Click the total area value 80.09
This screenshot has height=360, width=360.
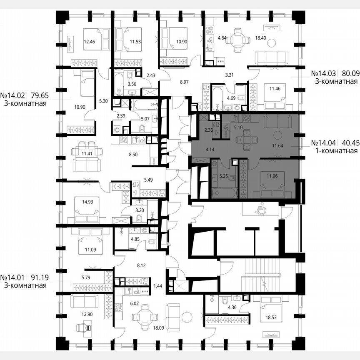click(350, 74)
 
